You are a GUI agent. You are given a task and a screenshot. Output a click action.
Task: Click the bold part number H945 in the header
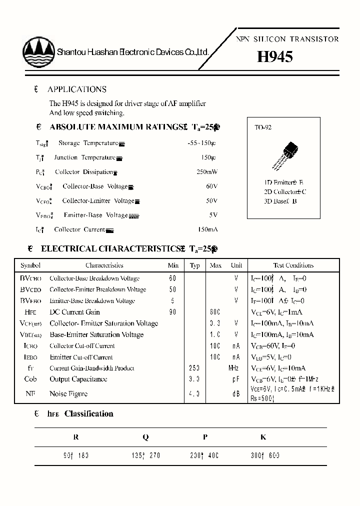coord(274,56)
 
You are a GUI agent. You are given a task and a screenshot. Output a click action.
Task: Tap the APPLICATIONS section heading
coord(76,89)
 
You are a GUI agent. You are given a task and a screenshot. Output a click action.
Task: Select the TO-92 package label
coord(263,127)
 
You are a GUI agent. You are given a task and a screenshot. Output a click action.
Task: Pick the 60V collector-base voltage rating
coord(211,186)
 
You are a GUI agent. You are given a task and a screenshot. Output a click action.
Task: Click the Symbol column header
coord(30,265)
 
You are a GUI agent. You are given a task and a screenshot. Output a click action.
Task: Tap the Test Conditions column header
coord(293,265)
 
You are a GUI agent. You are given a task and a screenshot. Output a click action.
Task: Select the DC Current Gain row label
coord(74,312)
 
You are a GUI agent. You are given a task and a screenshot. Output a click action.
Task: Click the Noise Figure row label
coord(68,394)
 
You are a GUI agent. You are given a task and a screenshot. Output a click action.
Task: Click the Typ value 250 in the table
coord(194,368)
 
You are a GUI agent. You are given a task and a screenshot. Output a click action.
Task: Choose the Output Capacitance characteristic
coord(78,379)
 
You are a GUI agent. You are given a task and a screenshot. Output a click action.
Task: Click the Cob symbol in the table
coord(30,379)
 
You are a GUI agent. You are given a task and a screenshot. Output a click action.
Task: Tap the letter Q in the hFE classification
coord(145,437)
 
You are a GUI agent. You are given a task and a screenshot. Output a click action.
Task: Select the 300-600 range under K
coord(265,455)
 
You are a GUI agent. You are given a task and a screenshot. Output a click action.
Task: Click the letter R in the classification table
coord(76,437)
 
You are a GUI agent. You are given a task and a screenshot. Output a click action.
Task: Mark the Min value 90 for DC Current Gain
coord(173,312)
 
